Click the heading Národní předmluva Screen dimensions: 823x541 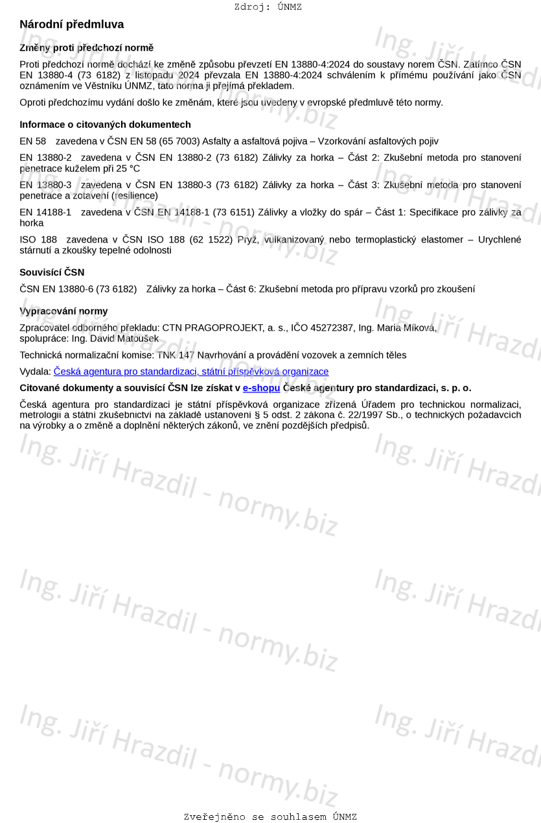[x=71, y=25]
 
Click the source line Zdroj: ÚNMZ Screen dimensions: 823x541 [x=268, y=7]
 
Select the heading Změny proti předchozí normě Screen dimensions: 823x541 [x=86, y=48]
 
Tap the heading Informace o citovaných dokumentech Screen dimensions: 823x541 [x=105, y=125]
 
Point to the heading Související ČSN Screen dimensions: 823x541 [x=52, y=272]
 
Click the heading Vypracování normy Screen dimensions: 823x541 [x=63, y=311]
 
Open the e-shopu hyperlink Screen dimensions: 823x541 [x=261, y=388]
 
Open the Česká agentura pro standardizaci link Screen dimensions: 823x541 [x=190, y=372]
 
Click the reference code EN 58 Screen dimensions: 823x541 [x=33, y=141]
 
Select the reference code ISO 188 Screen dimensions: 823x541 [x=38, y=240]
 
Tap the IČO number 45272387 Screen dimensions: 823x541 [x=327, y=328]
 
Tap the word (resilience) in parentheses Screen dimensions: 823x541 [x=135, y=196]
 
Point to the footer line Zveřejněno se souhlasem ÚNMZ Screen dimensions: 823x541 [x=270, y=817]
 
